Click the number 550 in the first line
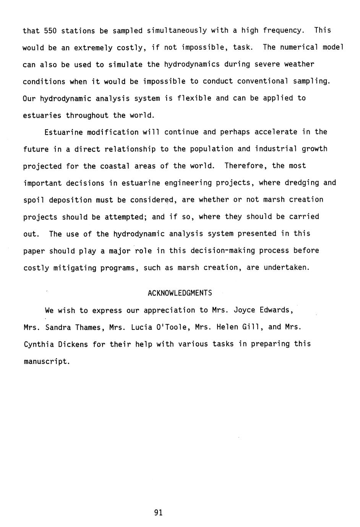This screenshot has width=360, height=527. pyautogui.click(x=50, y=31)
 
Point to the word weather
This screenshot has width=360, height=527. pyautogui.click(x=299, y=64)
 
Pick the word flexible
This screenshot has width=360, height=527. pyautogui.click(x=194, y=98)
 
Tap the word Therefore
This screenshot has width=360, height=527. pyautogui.click(x=243, y=166)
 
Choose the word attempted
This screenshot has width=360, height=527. pyautogui.click(x=126, y=217)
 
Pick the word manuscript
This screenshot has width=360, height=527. pyautogui.click(x=46, y=361)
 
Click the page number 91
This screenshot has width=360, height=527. pyautogui.click(x=159, y=513)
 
